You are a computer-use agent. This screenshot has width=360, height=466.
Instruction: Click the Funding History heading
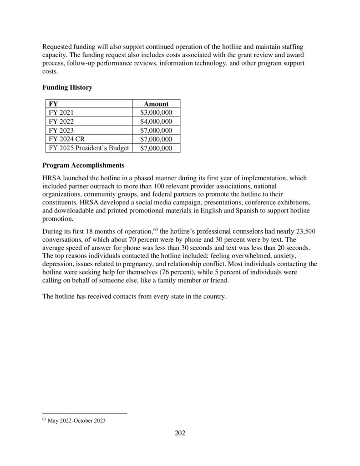coord(67,87)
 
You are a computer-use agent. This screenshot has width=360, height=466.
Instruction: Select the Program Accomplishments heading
coord(83,165)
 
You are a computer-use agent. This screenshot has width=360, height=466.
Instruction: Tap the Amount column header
coord(156,104)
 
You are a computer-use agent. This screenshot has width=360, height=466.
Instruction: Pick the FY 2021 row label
coord(61,112)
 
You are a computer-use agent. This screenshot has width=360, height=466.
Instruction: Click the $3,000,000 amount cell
coord(156,112)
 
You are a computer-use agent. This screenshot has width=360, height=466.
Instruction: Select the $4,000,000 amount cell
coord(156,121)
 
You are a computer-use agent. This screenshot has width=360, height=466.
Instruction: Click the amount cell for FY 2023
coord(156,130)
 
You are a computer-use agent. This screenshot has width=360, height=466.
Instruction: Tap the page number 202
coord(180,433)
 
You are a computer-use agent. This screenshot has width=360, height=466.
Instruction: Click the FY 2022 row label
coord(61,121)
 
